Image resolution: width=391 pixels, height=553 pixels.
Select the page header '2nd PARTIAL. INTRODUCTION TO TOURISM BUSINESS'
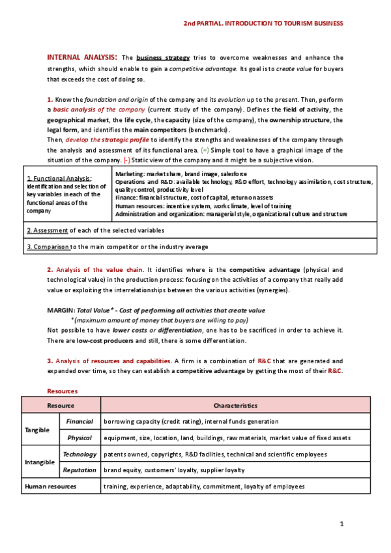pyautogui.click(x=263, y=23)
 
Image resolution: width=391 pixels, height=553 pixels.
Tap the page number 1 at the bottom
pyautogui.click(x=341, y=524)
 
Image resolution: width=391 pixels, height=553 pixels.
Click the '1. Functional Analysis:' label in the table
pyautogui.click(x=59, y=178)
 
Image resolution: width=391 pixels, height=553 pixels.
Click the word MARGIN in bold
pyautogui.click(x=61, y=310)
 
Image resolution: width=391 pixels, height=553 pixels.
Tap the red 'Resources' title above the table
pyautogui.click(x=63, y=391)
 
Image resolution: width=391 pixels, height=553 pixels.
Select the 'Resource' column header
pyautogui.click(x=60, y=406)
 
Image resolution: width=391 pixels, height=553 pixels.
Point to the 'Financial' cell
pyautogui.click(x=80, y=422)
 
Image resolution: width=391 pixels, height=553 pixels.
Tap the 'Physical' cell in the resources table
pyautogui.click(x=80, y=438)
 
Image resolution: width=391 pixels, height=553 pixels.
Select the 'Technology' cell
pyautogui.click(x=80, y=454)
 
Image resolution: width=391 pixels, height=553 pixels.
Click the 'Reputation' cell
pyautogui.click(x=80, y=470)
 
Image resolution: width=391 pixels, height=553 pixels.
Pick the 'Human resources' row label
pyautogui.click(x=50, y=486)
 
